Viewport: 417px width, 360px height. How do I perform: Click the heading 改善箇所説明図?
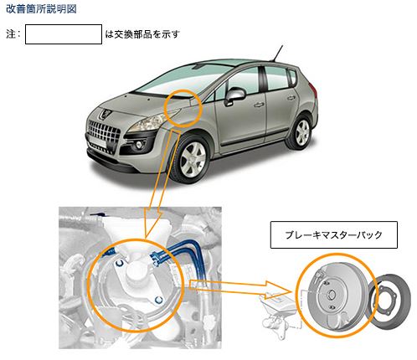(41, 9)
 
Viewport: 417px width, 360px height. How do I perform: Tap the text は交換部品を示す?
(142, 34)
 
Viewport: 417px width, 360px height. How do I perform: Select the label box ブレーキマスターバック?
(334, 234)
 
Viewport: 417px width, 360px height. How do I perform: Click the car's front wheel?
(193, 159)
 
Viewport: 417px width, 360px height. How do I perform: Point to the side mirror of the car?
(234, 95)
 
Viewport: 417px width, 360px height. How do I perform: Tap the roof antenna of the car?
(277, 54)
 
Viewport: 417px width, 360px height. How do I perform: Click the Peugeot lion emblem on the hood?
(106, 113)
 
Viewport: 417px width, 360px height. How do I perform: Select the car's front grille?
(103, 131)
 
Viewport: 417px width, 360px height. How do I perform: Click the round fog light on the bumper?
(138, 144)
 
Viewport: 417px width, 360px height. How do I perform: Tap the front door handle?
(259, 105)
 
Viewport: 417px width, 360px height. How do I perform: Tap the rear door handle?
(291, 98)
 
